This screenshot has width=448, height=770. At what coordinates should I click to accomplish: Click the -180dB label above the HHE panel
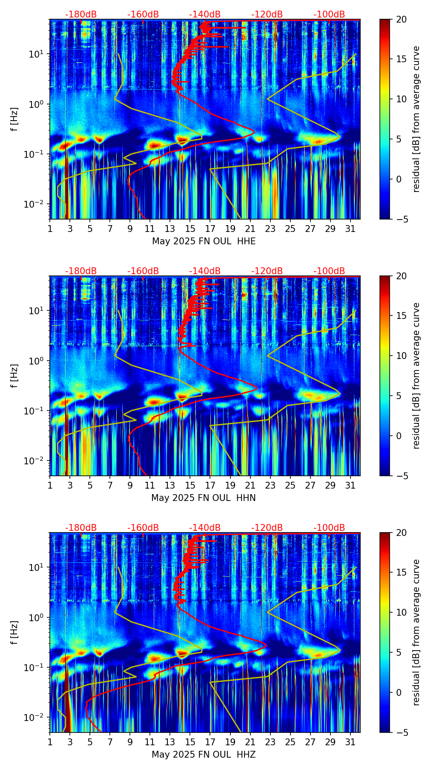pos(81,14)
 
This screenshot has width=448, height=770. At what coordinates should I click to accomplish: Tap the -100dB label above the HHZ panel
pos(329,528)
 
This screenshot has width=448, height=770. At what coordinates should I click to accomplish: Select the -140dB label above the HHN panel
pos(205,271)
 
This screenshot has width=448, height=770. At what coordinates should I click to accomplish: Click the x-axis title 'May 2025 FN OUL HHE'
pos(204,241)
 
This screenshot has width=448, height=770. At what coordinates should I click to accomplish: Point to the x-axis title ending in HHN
pos(204,498)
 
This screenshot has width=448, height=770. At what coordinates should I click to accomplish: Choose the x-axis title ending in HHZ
pos(204,755)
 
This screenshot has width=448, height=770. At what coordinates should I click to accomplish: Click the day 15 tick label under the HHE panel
pos(190,229)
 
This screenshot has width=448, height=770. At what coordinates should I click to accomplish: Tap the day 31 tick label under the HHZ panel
pos(350,742)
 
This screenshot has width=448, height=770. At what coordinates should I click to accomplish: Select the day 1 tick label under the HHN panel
pos(50,486)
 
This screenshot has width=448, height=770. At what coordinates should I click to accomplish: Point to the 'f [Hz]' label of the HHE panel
pos(14,119)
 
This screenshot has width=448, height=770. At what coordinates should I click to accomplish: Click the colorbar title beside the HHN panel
pos(416,376)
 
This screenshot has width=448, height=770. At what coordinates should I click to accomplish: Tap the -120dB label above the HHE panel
pos(267,14)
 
